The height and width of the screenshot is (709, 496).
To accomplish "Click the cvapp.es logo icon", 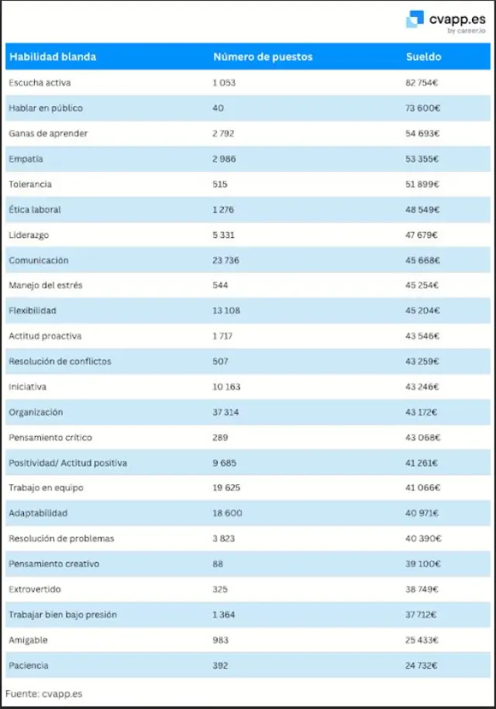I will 415,19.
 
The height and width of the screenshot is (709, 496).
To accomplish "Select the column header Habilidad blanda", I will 52,57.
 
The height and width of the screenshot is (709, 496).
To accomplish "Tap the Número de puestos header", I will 263,57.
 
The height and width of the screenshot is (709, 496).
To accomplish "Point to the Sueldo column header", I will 423,57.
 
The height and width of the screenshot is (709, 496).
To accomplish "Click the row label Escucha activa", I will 40,83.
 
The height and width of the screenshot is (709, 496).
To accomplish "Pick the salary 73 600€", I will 423,108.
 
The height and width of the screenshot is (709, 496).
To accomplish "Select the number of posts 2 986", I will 224,159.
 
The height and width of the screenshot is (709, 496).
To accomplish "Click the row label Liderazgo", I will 29,235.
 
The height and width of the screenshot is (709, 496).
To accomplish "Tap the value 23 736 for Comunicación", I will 226,260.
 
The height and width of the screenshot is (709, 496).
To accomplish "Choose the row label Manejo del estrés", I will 46,285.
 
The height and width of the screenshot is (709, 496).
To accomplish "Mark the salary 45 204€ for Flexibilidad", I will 423,311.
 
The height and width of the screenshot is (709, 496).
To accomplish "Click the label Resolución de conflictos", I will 60,361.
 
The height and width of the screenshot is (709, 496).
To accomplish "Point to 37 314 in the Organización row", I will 226,412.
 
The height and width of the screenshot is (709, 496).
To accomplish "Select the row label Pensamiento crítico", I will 51,437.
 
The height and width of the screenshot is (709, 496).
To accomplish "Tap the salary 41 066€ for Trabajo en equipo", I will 423,488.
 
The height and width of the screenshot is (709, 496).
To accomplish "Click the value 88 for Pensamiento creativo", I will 218,564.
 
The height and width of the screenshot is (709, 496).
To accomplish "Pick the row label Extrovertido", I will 35,589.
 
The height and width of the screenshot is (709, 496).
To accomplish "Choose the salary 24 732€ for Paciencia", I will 422,666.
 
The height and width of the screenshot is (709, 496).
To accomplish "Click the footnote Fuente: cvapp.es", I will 43,694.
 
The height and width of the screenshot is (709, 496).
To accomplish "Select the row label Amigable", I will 28,640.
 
